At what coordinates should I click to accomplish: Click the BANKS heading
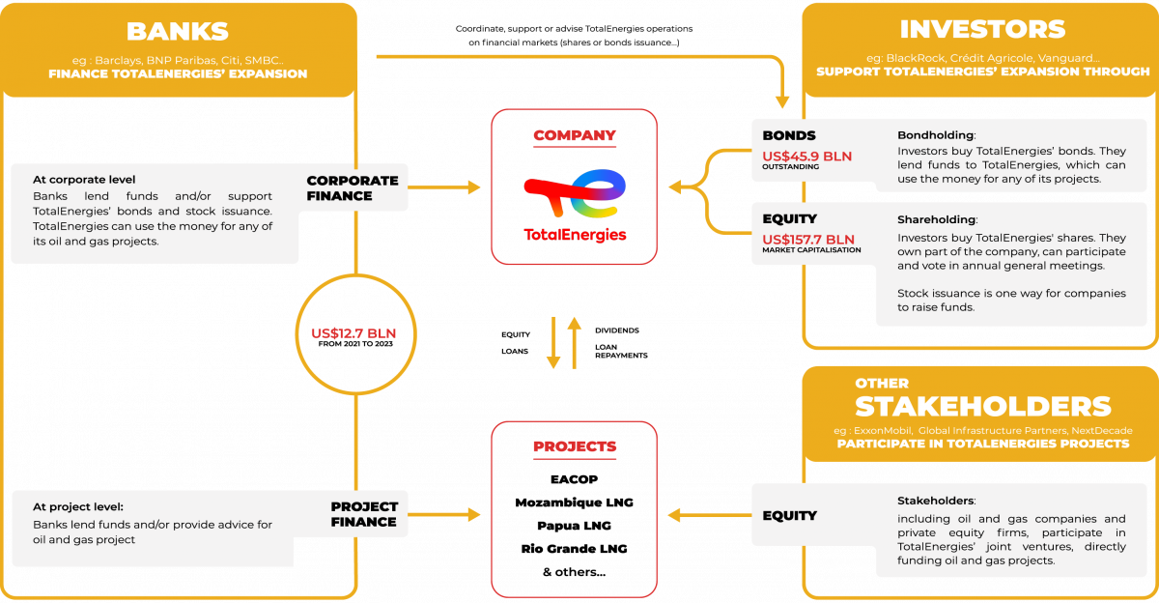(177, 32)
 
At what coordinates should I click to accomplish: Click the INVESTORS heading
(982, 29)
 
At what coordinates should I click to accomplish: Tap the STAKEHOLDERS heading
(982, 406)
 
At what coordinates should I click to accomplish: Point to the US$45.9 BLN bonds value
(807, 155)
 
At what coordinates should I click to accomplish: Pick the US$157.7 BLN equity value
(808, 239)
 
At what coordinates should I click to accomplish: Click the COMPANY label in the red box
(575, 135)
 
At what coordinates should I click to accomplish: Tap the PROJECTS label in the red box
(575, 446)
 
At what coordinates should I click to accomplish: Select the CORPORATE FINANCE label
(352, 187)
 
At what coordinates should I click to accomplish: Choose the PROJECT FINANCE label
(363, 513)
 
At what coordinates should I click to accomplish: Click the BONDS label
(789, 136)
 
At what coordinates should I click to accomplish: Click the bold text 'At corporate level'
(84, 179)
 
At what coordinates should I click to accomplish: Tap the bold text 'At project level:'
(78, 506)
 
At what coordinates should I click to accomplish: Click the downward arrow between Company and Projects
(553, 343)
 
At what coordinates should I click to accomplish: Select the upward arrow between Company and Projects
(575, 342)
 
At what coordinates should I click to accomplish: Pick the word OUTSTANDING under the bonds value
(791, 167)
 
